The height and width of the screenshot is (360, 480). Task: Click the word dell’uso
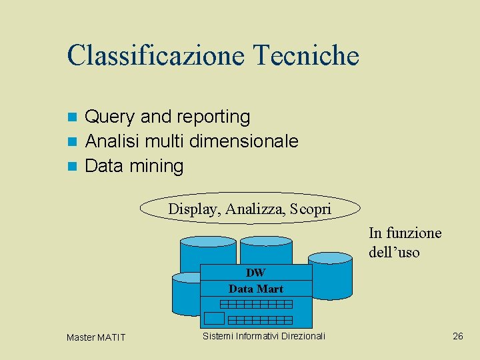(x=394, y=253)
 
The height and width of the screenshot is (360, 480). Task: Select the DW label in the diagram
(x=255, y=272)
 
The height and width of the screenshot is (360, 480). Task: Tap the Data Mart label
(x=256, y=289)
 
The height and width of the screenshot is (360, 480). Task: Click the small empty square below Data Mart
(x=214, y=317)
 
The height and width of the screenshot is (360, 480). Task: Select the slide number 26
(x=457, y=336)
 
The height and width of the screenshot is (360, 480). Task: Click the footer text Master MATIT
(x=96, y=337)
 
